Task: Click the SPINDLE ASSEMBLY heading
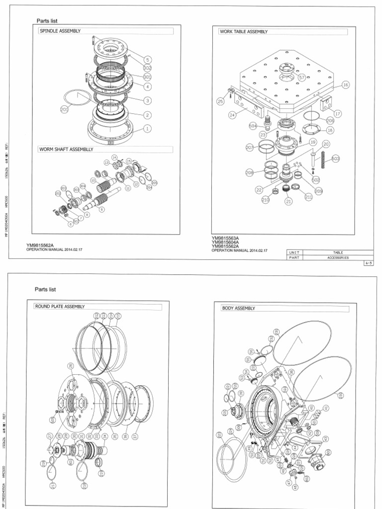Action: click(x=60, y=31)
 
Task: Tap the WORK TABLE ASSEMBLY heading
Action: click(x=244, y=31)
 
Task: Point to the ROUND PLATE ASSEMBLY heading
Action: click(x=60, y=307)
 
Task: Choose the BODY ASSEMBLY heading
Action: click(x=238, y=308)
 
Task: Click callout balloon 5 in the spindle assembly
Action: click(x=147, y=60)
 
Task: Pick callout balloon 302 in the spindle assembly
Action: click(x=147, y=68)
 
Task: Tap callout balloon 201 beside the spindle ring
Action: click(x=64, y=110)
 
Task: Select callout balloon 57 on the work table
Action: click(x=302, y=77)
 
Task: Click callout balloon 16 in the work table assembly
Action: click(x=346, y=85)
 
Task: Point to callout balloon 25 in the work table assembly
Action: click(x=220, y=101)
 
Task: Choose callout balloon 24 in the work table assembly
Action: click(x=232, y=115)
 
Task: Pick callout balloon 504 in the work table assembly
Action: click(x=253, y=126)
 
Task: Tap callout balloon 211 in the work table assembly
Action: click(x=309, y=197)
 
